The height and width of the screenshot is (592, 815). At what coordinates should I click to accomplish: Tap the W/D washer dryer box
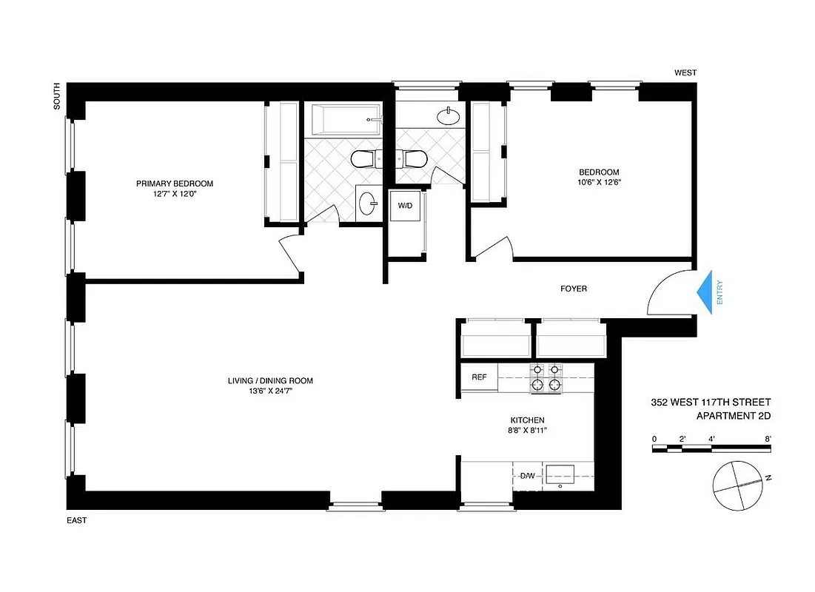(x=406, y=205)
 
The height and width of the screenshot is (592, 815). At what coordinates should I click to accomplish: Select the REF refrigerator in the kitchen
(x=479, y=377)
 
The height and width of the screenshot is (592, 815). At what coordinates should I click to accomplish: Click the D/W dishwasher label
(x=527, y=474)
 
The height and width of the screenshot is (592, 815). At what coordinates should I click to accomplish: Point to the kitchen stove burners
(x=546, y=377)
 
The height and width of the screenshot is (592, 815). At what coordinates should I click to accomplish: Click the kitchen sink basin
(x=561, y=474)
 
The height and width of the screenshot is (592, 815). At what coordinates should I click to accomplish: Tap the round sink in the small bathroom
(x=447, y=116)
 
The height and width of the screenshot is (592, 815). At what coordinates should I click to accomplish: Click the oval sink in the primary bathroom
(x=366, y=203)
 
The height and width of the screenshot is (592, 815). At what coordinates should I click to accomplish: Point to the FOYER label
(x=573, y=289)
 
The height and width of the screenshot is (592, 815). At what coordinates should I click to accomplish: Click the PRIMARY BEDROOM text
(x=175, y=184)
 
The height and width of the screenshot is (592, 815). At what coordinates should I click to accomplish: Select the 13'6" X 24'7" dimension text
(x=270, y=392)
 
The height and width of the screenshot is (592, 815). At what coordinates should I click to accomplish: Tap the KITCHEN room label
(x=527, y=420)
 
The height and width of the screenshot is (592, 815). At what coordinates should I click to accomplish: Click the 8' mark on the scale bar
(x=768, y=439)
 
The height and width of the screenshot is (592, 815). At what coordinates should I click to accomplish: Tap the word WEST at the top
(x=685, y=73)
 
